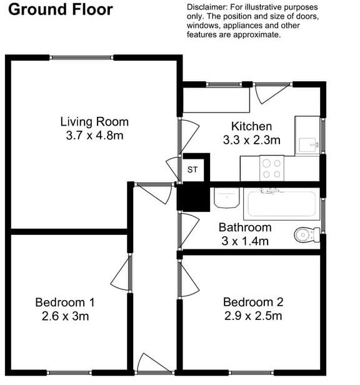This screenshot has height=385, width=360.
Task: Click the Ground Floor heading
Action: click(61, 9)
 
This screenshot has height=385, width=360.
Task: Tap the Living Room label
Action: click(94, 121)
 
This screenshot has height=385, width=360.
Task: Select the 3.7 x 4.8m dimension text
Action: click(94, 135)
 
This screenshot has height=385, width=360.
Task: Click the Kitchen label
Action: click(251, 126)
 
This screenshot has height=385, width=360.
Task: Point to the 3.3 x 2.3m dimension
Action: click(251, 139)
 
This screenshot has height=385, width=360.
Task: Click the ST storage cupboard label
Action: click(192, 169)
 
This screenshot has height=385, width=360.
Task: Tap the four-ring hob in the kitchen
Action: click(271, 167)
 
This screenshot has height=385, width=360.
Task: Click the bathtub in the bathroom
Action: click(281, 202)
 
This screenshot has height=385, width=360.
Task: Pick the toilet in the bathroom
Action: click(304, 235)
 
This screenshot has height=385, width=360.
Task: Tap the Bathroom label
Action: click(245, 227)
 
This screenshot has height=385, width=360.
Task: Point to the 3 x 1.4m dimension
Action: click(245, 241)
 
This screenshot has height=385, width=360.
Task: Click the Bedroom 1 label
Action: click(65, 302)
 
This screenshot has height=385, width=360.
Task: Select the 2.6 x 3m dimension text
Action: click(65, 316)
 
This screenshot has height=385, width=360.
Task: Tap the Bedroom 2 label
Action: click(253, 302)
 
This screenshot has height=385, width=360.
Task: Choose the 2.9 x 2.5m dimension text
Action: click(253, 316)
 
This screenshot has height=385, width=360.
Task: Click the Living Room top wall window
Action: click(82, 57)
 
